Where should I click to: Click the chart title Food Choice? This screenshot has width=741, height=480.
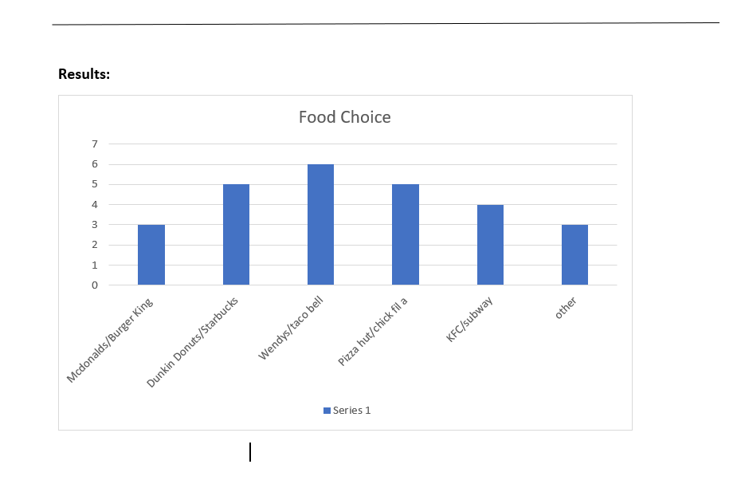344,117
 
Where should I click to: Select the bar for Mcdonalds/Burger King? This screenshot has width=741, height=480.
151,255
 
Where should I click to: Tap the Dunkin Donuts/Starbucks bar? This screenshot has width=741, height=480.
236,234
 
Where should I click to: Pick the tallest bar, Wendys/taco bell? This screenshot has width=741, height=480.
320,225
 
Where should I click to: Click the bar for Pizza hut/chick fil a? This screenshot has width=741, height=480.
406,234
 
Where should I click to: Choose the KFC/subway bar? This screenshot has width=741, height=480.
490,245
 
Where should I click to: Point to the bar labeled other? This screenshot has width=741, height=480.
574,255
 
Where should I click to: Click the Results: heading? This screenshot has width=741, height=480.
84,74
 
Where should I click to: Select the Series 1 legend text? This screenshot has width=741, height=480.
351,411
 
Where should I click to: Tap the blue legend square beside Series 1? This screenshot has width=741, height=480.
327,411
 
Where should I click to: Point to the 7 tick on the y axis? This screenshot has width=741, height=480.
95,144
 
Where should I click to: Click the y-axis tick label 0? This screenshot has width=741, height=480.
95,285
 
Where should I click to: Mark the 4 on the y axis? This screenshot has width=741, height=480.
95,204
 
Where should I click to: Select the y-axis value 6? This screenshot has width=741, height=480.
95,164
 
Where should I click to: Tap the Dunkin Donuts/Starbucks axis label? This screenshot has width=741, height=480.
192,344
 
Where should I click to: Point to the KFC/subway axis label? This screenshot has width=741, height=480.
469,319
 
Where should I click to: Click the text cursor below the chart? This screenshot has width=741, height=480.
250,452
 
